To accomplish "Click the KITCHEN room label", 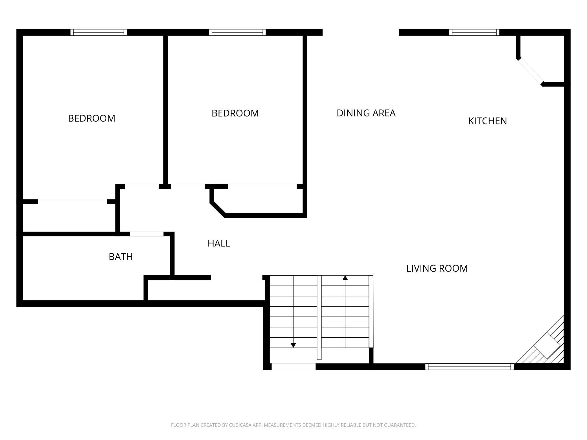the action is coord(487,121).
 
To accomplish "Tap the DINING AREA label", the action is coord(366,113).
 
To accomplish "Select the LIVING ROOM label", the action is coord(437,268).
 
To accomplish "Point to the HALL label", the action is coord(219,243).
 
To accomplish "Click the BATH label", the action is coord(121,257).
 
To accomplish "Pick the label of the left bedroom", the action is coord(92,118).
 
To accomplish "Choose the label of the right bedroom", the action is coord(235,113).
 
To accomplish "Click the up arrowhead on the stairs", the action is coord(345,278).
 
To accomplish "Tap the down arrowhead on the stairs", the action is coord(293,345).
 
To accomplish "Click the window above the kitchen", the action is coord(474,32).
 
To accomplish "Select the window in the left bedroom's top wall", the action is coord(98,32).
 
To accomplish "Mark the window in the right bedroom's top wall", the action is coord(237,32).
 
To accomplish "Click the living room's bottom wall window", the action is coord(470,367).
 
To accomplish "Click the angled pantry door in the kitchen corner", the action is coord(530,71).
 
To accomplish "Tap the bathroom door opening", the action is coord(147,234).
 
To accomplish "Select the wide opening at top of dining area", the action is coord(361,32).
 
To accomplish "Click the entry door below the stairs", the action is coord(293,367).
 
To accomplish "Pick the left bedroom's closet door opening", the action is coord(72,202).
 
